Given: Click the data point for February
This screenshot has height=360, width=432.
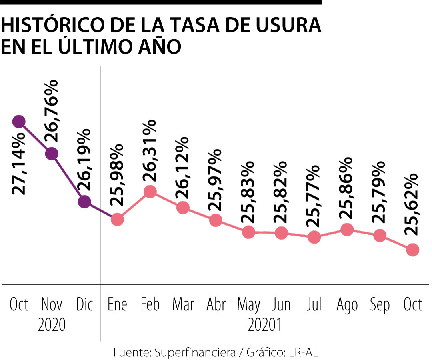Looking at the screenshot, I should [x=150, y=192].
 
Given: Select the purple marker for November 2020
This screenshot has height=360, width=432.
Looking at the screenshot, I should [x=51, y=154].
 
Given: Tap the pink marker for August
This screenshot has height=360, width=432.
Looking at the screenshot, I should [x=347, y=230].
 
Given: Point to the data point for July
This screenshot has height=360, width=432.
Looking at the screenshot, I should [x=314, y=237].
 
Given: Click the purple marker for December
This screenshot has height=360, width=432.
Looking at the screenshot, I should [x=84, y=202].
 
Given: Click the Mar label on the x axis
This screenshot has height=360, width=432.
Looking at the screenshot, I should [x=183, y=305].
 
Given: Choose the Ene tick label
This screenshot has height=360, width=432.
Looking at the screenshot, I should [x=117, y=305].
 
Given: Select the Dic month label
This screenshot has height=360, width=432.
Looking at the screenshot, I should [x=84, y=305].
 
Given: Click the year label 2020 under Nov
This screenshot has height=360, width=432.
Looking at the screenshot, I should [x=52, y=325].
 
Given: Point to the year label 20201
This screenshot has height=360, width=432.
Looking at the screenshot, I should [x=265, y=325].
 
